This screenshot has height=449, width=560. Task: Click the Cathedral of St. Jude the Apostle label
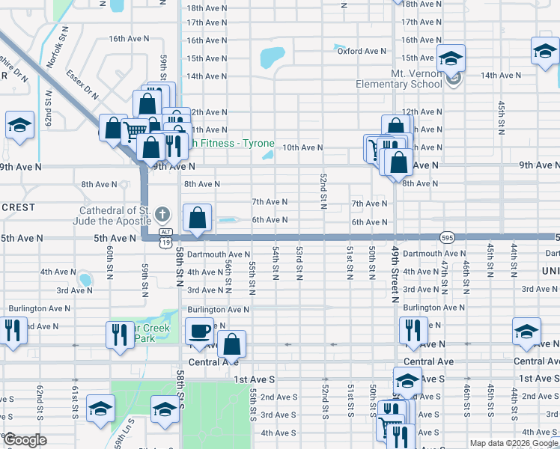112,216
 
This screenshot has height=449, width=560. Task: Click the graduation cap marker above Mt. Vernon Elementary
451,58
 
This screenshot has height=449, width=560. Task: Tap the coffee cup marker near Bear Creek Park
199,330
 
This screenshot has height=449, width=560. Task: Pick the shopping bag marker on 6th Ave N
198,218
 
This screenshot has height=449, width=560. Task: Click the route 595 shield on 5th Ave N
445,236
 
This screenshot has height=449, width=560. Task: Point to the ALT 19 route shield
165,237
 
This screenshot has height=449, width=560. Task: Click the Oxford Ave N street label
361,51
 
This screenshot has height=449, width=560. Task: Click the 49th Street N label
394,277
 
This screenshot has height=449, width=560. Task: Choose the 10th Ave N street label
302,148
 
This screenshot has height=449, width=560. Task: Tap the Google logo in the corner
24,441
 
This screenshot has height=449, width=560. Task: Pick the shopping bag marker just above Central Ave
234,345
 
